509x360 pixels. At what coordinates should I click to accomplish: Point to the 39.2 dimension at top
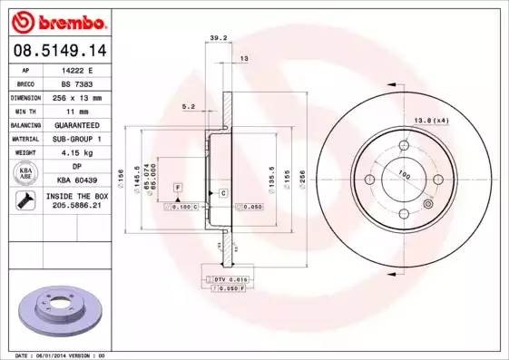pyautogui.click(x=218, y=38)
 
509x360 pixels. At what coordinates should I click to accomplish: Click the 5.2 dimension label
pyautogui.click(x=189, y=106)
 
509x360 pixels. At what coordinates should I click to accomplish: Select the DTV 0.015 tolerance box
pyautogui.click(x=230, y=278)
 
